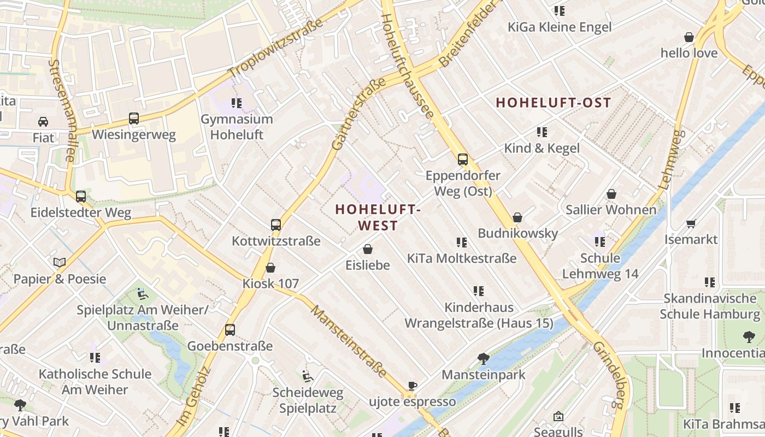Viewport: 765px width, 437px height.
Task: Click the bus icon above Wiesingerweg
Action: tap(134, 118)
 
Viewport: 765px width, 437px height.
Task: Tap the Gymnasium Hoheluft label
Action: tap(237, 127)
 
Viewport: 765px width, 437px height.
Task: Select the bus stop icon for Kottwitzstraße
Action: tap(276, 225)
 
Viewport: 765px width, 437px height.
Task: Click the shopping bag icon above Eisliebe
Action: tap(368, 249)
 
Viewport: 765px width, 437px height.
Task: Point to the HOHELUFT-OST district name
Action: tap(553, 103)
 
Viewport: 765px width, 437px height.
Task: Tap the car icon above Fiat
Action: tap(43, 121)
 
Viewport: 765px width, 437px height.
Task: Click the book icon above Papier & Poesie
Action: tap(60, 263)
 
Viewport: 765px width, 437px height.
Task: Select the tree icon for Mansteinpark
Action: tap(483, 359)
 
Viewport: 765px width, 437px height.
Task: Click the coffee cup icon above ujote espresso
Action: tap(413, 386)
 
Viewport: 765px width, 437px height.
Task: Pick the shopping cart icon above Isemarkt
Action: tap(691, 223)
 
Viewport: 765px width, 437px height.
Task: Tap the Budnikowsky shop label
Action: tap(517, 233)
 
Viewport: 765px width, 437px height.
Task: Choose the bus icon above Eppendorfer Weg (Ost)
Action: tap(463, 160)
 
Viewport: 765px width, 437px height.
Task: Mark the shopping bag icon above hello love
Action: tap(689, 37)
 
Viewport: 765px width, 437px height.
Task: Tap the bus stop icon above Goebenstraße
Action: tap(230, 330)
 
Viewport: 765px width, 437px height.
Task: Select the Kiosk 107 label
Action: tap(270, 284)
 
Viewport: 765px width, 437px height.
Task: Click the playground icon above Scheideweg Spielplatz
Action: tap(308, 376)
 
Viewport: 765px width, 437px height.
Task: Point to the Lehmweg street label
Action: tap(673, 159)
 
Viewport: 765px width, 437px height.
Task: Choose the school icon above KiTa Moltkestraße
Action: tap(462, 242)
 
